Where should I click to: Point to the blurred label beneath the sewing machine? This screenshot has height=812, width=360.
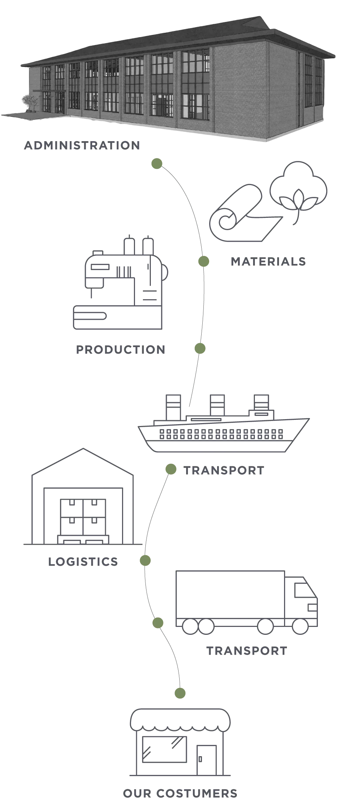121,349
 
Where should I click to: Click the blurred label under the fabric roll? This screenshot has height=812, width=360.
268,262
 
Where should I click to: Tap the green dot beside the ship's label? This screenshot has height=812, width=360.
171,469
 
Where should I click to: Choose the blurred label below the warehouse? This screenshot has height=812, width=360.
82,561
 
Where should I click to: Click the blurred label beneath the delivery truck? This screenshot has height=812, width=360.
246,651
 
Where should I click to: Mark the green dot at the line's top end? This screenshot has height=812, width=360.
157,163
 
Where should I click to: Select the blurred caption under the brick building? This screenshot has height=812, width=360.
82,145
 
